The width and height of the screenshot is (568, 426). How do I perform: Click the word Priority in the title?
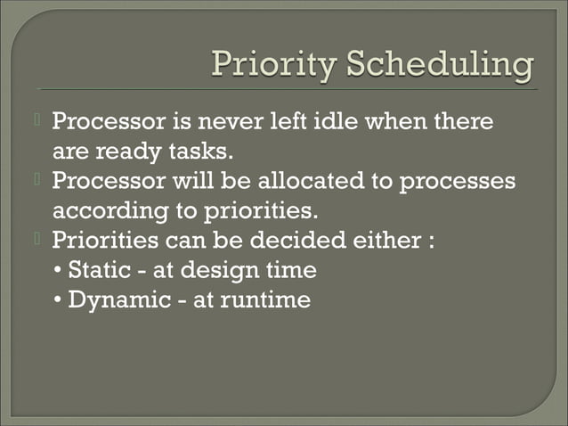[271, 65]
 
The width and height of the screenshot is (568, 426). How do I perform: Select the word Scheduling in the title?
[438, 65]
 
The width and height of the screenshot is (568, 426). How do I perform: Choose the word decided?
[302, 241]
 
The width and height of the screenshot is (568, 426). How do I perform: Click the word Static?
[98, 270]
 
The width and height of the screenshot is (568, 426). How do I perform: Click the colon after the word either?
[431, 242]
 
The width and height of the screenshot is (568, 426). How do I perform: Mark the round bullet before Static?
[59, 271]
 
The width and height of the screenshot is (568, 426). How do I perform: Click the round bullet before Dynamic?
[59, 300]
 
